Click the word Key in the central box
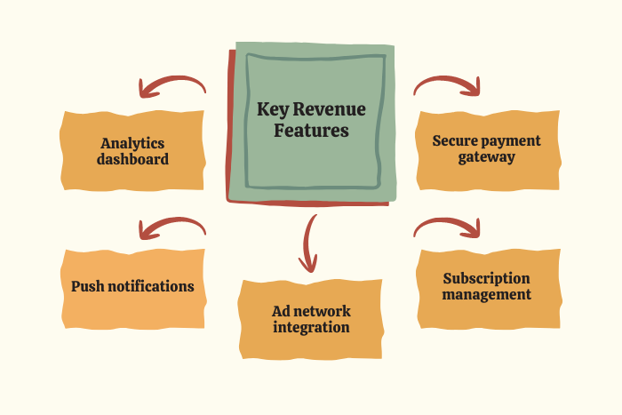pyautogui.click(x=273, y=109)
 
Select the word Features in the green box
pyautogui.click(x=311, y=131)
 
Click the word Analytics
pyautogui.click(x=132, y=142)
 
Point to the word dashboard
pyautogui.click(x=132, y=160)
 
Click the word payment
pyautogui.click(x=514, y=140)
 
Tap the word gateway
pyautogui.click(x=487, y=157)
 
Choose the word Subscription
pyautogui.click(x=487, y=278)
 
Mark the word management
pyautogui.click(x=487, y=294)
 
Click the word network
pyautogui.click(x=322, y=311)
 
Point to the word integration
pyautogui.click(x=311, y=327)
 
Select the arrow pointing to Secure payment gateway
pyautogui.click(x=449, y=84)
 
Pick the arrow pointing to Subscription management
pyautogui.click(x=449, y=227)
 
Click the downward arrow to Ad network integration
pyautogui.click(x=309, y=242)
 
